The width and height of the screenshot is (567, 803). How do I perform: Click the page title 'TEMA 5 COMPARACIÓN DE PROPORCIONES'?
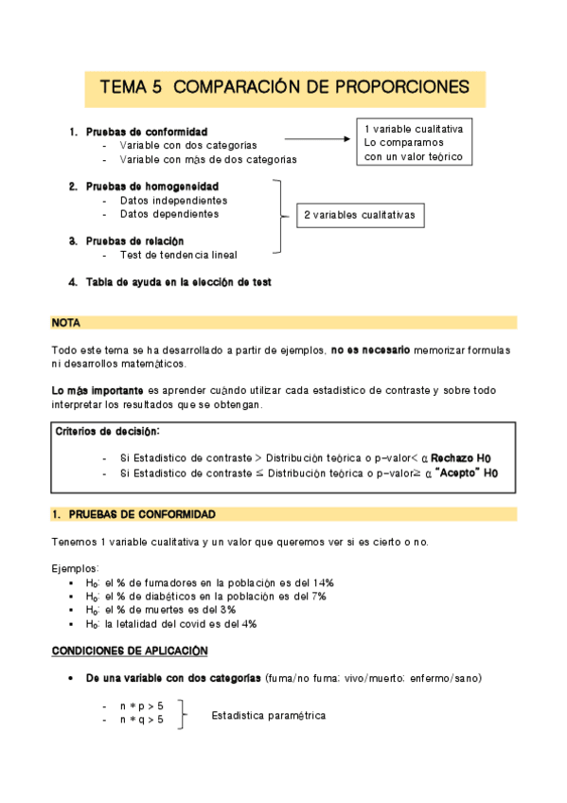[x=284, y=88]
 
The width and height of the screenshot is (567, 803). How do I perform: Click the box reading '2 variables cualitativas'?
[x=359, y=216]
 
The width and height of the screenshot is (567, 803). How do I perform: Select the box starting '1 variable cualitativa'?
[x=414, y=142]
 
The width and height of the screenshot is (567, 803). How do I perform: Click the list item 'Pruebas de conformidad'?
[x=146, y=132]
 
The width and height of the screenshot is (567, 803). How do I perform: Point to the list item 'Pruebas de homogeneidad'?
[x=151, y=187]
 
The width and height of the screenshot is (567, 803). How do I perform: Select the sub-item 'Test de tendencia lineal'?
[x=178, y=255]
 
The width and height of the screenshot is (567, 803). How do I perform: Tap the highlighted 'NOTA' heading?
[x=66, y=323]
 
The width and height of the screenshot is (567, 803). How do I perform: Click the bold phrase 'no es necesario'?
[x=370, y=350]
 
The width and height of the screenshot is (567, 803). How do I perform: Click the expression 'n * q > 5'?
[x=141, y=721]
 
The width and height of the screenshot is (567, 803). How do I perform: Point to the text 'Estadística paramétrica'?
[x=269, y=715]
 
